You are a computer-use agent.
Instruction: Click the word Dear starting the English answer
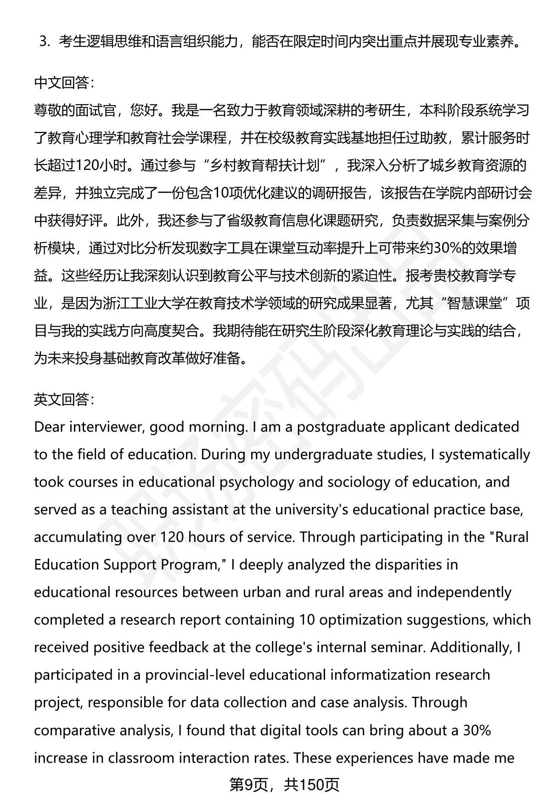50,427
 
